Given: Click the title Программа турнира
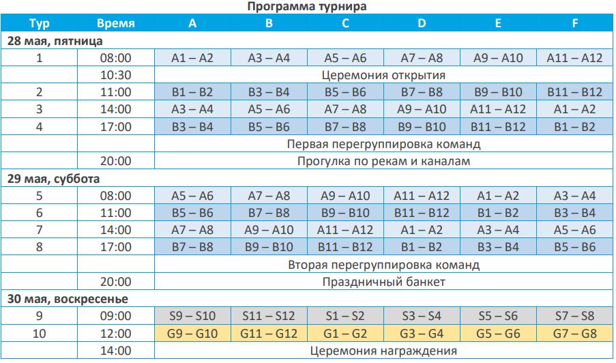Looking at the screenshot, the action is coord(307,6).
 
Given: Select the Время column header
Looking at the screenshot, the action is coord(115,24).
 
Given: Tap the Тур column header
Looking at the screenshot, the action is coord(40,24).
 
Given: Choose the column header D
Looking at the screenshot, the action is coord(422,24).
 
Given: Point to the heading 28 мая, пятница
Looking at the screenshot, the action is coord(55,41).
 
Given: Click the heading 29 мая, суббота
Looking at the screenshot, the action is coord(53,179).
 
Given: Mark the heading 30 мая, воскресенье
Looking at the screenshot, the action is coord(68,299).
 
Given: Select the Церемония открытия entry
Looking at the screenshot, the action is coord(383,75).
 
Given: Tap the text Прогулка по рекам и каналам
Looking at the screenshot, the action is coord(383,161).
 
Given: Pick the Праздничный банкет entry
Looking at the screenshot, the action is coord(383,282).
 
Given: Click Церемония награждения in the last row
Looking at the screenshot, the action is coord(383,351).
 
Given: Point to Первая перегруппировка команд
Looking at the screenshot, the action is coord(383,144).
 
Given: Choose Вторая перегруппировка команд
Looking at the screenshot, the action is coord(383,265).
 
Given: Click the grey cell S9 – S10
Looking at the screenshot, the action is coord(192,316).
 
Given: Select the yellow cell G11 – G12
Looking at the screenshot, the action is coord(269,334).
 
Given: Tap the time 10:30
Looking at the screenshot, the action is coord(115,75).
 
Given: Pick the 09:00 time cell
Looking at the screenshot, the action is coord(115,316).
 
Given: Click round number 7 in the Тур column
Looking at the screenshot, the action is coord(40,230).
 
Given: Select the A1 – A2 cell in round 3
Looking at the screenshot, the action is coord(574,109).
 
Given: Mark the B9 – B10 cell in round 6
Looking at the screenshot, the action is coord(345,213).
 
